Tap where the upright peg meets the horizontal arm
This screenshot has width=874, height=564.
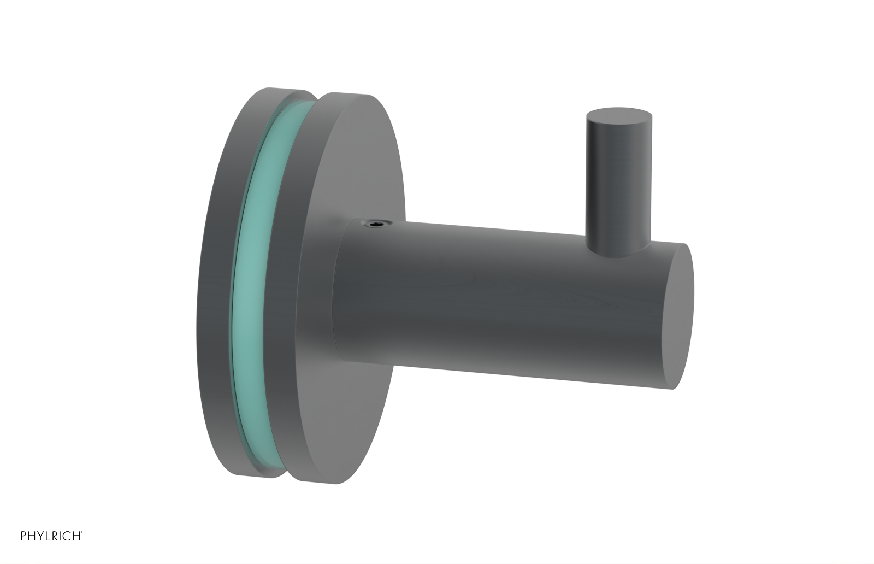pos(618,249)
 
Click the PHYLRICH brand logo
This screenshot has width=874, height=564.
pos(51,536)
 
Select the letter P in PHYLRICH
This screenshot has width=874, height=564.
pos(24,536)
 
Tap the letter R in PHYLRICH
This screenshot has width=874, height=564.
pos(54,536)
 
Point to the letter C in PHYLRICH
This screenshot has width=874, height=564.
pos(66,536)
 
